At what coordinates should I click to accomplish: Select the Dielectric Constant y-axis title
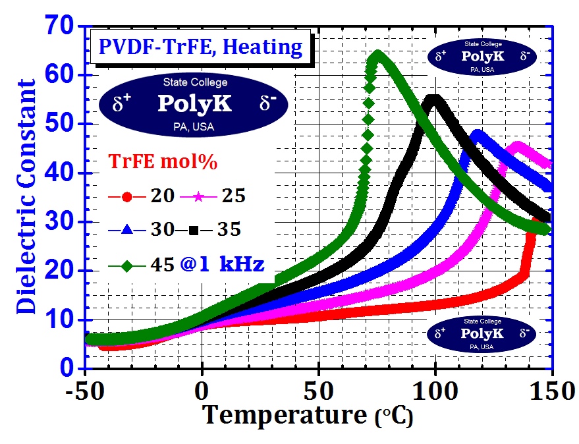tap(26, 196)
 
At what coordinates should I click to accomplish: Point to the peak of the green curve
tap(377, 54)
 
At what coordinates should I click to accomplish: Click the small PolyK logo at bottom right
tap(482, 334)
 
